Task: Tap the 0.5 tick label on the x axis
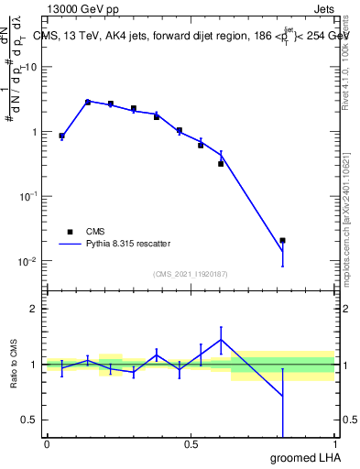click(x=191, y=444)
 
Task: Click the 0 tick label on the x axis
click(x=47, y=444)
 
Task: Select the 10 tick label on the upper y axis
click(x=30, y=67)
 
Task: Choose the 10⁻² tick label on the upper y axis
click(x=27, y=261)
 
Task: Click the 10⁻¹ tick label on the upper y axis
click(x=27, y=196)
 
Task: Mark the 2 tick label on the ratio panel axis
click(x=34, y=309)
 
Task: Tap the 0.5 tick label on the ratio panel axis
click(x=29, y=420)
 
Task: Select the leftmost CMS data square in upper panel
click(x=61, y=136)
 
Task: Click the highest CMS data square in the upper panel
click(x=88, y=102)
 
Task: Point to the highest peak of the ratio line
click(x=221, y=340)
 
